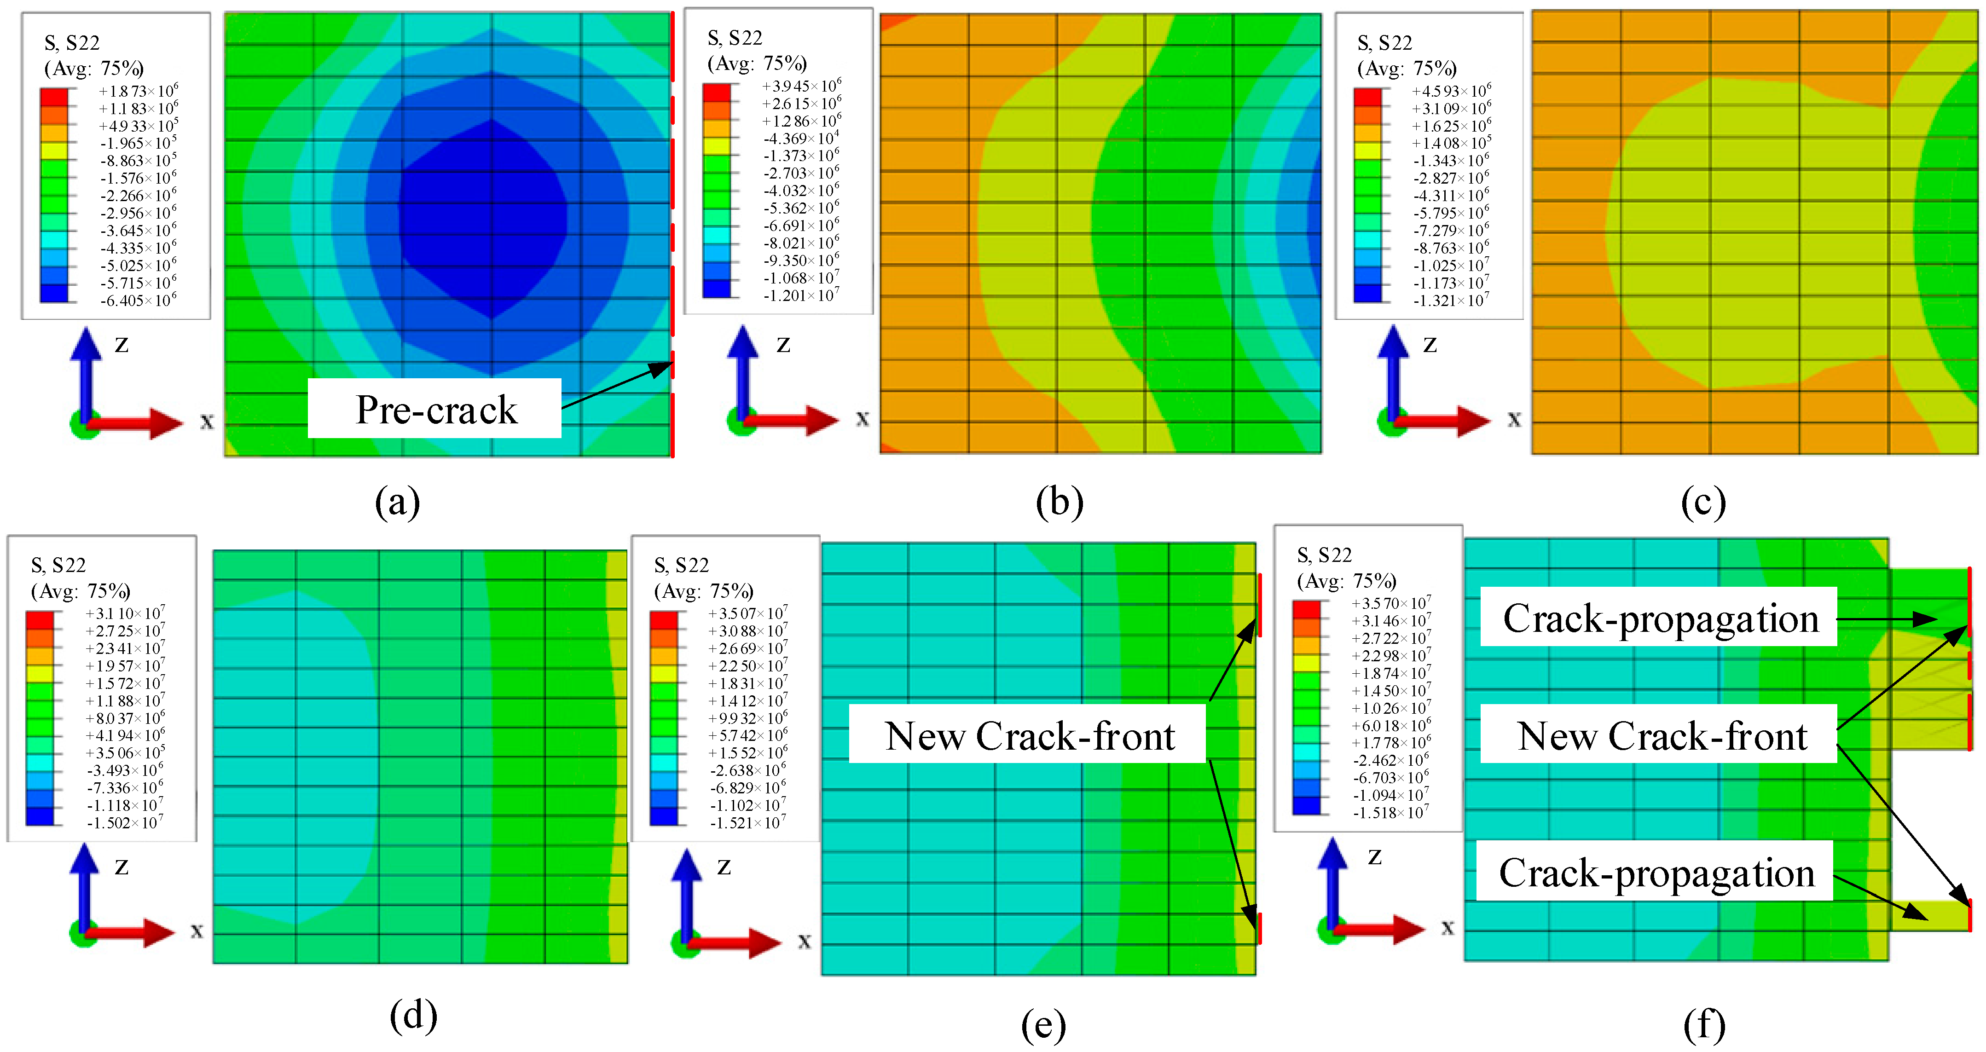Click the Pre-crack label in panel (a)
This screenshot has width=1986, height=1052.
(435, 409)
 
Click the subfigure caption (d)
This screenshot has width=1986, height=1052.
(413, 1015)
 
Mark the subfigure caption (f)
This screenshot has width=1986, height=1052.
(1704, 1025)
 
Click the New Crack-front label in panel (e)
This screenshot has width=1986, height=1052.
(1029, 735)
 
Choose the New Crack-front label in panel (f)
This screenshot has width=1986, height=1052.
(1662, 735)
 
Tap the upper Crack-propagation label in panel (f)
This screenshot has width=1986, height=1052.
(1660, 618)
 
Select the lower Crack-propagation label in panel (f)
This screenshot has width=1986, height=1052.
(1656, 873)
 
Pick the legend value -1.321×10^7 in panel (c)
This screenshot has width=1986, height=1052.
(1451, 301)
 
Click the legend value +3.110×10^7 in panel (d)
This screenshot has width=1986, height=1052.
(125, 613)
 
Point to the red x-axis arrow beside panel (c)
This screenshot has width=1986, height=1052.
(1442, 421)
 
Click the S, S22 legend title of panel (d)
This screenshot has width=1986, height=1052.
(58, 565)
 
